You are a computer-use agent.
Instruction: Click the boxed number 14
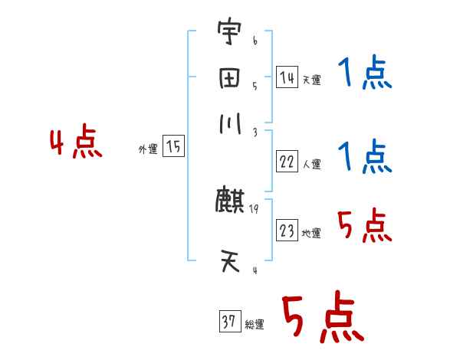click(286, 77)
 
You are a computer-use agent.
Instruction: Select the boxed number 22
click(287, 162)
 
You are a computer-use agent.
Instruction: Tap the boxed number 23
click(287, 231)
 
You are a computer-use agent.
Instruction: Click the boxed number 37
click(228, 322)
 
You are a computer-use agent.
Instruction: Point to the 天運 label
click(311, 80)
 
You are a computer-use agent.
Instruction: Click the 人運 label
click(311, 164)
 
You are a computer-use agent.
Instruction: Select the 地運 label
click(311, 233)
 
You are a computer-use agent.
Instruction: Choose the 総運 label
click(254, 325)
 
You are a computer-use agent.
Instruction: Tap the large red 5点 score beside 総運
click(321, 318)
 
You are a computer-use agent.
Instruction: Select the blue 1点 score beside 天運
click(364, 74)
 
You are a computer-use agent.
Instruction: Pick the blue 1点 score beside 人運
click(364, 157)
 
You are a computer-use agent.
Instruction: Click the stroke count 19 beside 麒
click(253, 208)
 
